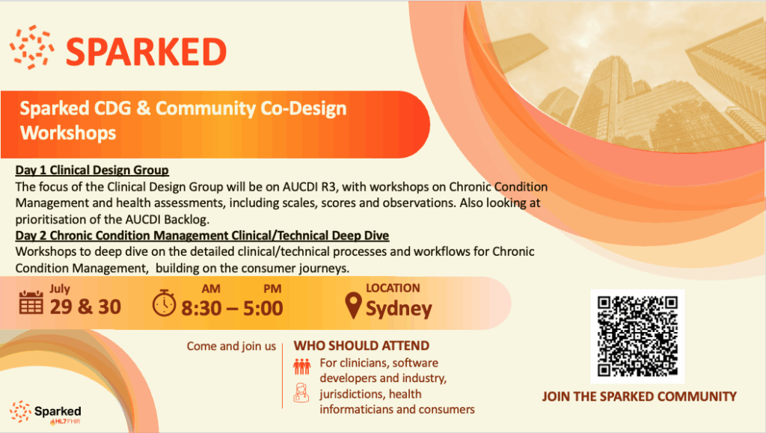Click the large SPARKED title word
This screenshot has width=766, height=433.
146,52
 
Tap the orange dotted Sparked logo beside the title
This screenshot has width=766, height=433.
31,47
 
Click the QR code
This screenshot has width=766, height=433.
637,337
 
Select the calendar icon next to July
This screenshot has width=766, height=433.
31,302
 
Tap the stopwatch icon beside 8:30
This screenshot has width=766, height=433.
164,303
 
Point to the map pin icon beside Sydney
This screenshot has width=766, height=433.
353,306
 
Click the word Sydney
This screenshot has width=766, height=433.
399,309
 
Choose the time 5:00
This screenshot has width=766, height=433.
263,309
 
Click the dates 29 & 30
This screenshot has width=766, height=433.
85,307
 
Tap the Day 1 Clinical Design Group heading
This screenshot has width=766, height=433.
92,170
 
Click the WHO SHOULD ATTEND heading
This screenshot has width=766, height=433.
361,346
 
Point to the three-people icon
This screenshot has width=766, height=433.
302,366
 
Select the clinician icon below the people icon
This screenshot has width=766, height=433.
301,393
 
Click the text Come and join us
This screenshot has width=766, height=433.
231,346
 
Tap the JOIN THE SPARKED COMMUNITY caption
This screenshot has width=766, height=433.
639,396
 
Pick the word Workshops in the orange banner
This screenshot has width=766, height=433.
68,133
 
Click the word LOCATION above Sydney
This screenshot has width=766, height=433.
393,288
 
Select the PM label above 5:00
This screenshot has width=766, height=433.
272,289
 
